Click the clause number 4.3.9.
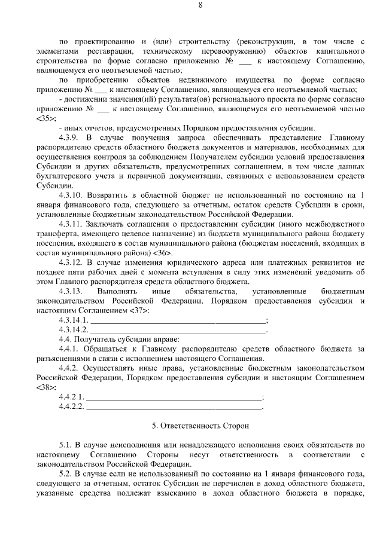coord(71,137)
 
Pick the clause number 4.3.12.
coord(72,263)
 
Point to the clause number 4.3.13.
coord(72,292)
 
